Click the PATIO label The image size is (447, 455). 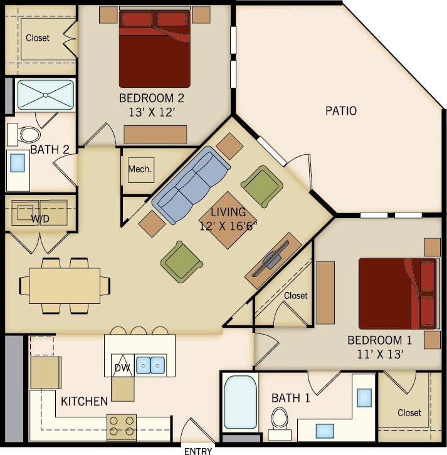point(341,111)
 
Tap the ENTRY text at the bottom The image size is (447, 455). point(198,451)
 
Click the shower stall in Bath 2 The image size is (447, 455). point(45,95)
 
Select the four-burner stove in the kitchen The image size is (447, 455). point(122,427)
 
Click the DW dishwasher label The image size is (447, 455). point(122,368)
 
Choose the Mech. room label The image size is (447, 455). point(140,169)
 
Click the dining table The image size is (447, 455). point(65,285)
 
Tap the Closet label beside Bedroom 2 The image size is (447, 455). point(38,38)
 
